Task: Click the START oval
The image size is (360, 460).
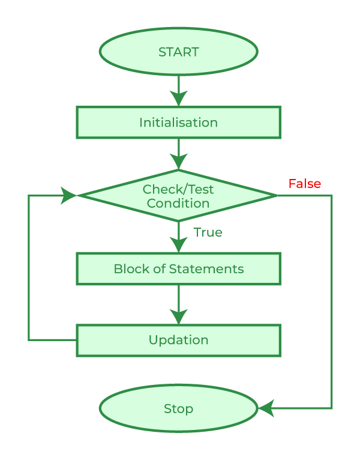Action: click(x=178, y=52)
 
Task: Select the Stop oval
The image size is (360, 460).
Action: click(x=178, y=409)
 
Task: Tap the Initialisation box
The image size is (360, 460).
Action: click(x=178, y=123)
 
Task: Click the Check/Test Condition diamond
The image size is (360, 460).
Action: click(x=178, y=196)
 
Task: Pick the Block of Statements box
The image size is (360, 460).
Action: click(x=178, y=268)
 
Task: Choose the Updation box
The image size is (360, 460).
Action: click(x=178, y=340)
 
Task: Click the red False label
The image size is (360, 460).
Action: click(x=304, y=184)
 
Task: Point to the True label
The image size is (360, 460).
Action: click(x=208, y=232)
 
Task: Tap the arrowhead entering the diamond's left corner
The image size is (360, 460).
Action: click(x=68, y=195)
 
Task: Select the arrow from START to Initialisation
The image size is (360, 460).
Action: click(x=178, y=91)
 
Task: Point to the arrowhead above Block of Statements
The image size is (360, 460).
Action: click(x=178, y=245)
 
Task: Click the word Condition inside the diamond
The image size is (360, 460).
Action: click(x=178, y=204)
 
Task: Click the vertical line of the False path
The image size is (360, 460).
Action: click(x=331, y=300)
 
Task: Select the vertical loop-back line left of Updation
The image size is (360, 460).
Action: click(x=29, y=267)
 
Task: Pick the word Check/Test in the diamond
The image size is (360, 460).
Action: click(x=178, y=190)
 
